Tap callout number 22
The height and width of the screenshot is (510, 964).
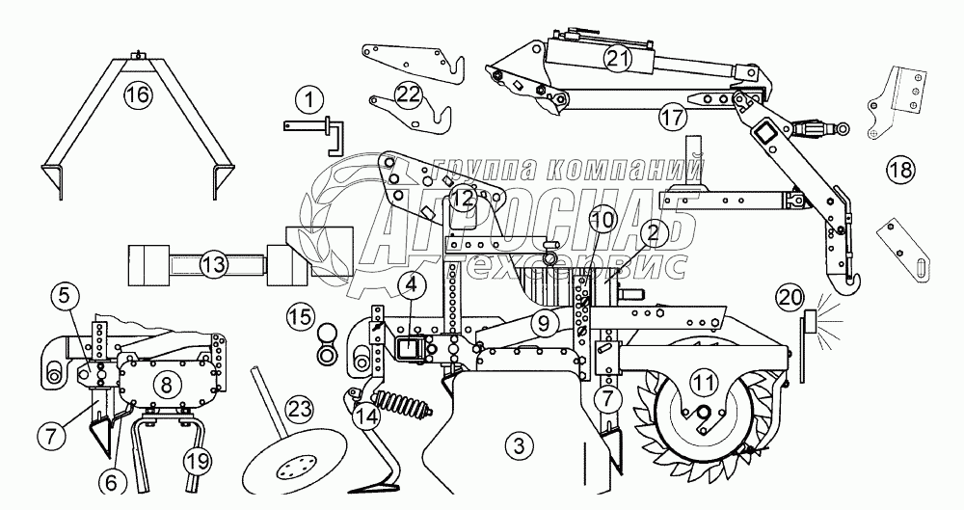pos(408,94)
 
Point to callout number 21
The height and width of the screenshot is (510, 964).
pos(617,59)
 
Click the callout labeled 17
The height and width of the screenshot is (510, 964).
pos(671,117)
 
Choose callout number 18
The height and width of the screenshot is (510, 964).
pos(898,172)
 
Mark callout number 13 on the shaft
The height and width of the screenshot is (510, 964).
pos(213,263)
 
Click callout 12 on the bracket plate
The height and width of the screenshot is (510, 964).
pos(462,200)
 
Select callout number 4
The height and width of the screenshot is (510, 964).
pos(411,284)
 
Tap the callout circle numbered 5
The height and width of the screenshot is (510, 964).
pos(62,296)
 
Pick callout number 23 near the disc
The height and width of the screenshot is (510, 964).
pos(300,409)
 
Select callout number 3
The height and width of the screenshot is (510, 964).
pos(519,445)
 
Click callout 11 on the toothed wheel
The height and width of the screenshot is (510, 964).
pos(705,382)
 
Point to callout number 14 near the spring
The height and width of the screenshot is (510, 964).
pos(365,416)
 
